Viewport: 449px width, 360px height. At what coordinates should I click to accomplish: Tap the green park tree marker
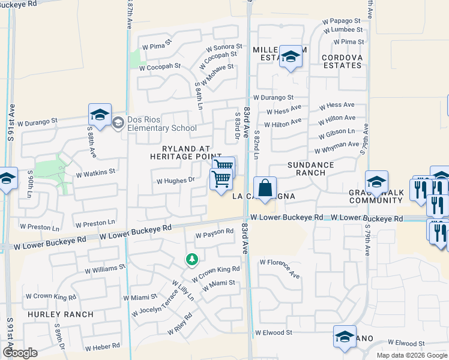point(191,260)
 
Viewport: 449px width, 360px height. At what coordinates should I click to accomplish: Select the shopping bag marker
point(265,188)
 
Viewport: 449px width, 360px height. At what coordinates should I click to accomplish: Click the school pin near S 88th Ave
point(100,115)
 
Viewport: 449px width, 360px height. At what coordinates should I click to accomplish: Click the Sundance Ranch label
point(310,169)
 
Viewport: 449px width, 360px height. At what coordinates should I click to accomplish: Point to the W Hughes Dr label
point(176,180)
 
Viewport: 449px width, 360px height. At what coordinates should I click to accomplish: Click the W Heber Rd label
point(102,347)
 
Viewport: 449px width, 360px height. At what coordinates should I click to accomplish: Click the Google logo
point(20,352)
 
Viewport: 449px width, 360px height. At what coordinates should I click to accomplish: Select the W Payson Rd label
point(214,232)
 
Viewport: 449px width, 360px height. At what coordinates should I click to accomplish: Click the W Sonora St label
point(224,47)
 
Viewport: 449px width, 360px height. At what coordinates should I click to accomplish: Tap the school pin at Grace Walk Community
point(376,182)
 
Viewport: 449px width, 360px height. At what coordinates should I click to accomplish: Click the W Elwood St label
point(273,332)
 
